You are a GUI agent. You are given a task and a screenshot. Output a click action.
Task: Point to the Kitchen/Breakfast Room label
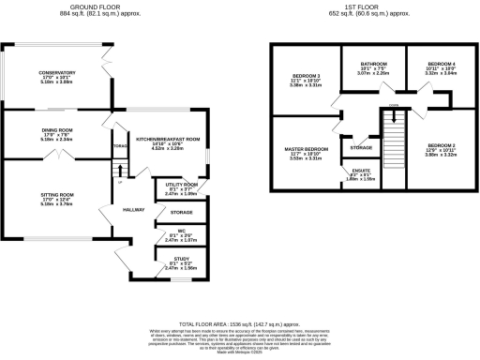(x=170, y=139)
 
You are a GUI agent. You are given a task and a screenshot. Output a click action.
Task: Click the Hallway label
(x=132, y=209)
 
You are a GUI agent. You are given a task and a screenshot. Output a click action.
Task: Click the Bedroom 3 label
(x=305, y=75)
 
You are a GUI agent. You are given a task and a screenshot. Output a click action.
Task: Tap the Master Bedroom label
(x=306, y=149)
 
